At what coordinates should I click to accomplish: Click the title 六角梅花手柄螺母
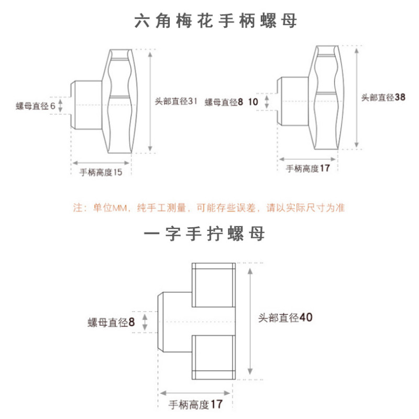215,21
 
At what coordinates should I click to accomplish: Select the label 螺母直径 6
36,106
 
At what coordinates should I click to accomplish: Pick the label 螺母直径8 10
231,102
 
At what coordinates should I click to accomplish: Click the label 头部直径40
285,317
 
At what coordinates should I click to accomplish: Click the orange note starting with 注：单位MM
208,208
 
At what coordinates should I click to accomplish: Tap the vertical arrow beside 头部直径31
151,101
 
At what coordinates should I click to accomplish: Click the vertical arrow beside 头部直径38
357,97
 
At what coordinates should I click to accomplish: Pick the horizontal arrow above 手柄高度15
101,162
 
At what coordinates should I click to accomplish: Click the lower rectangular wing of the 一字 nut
213,356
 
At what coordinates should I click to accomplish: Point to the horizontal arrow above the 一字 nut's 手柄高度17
195,392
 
